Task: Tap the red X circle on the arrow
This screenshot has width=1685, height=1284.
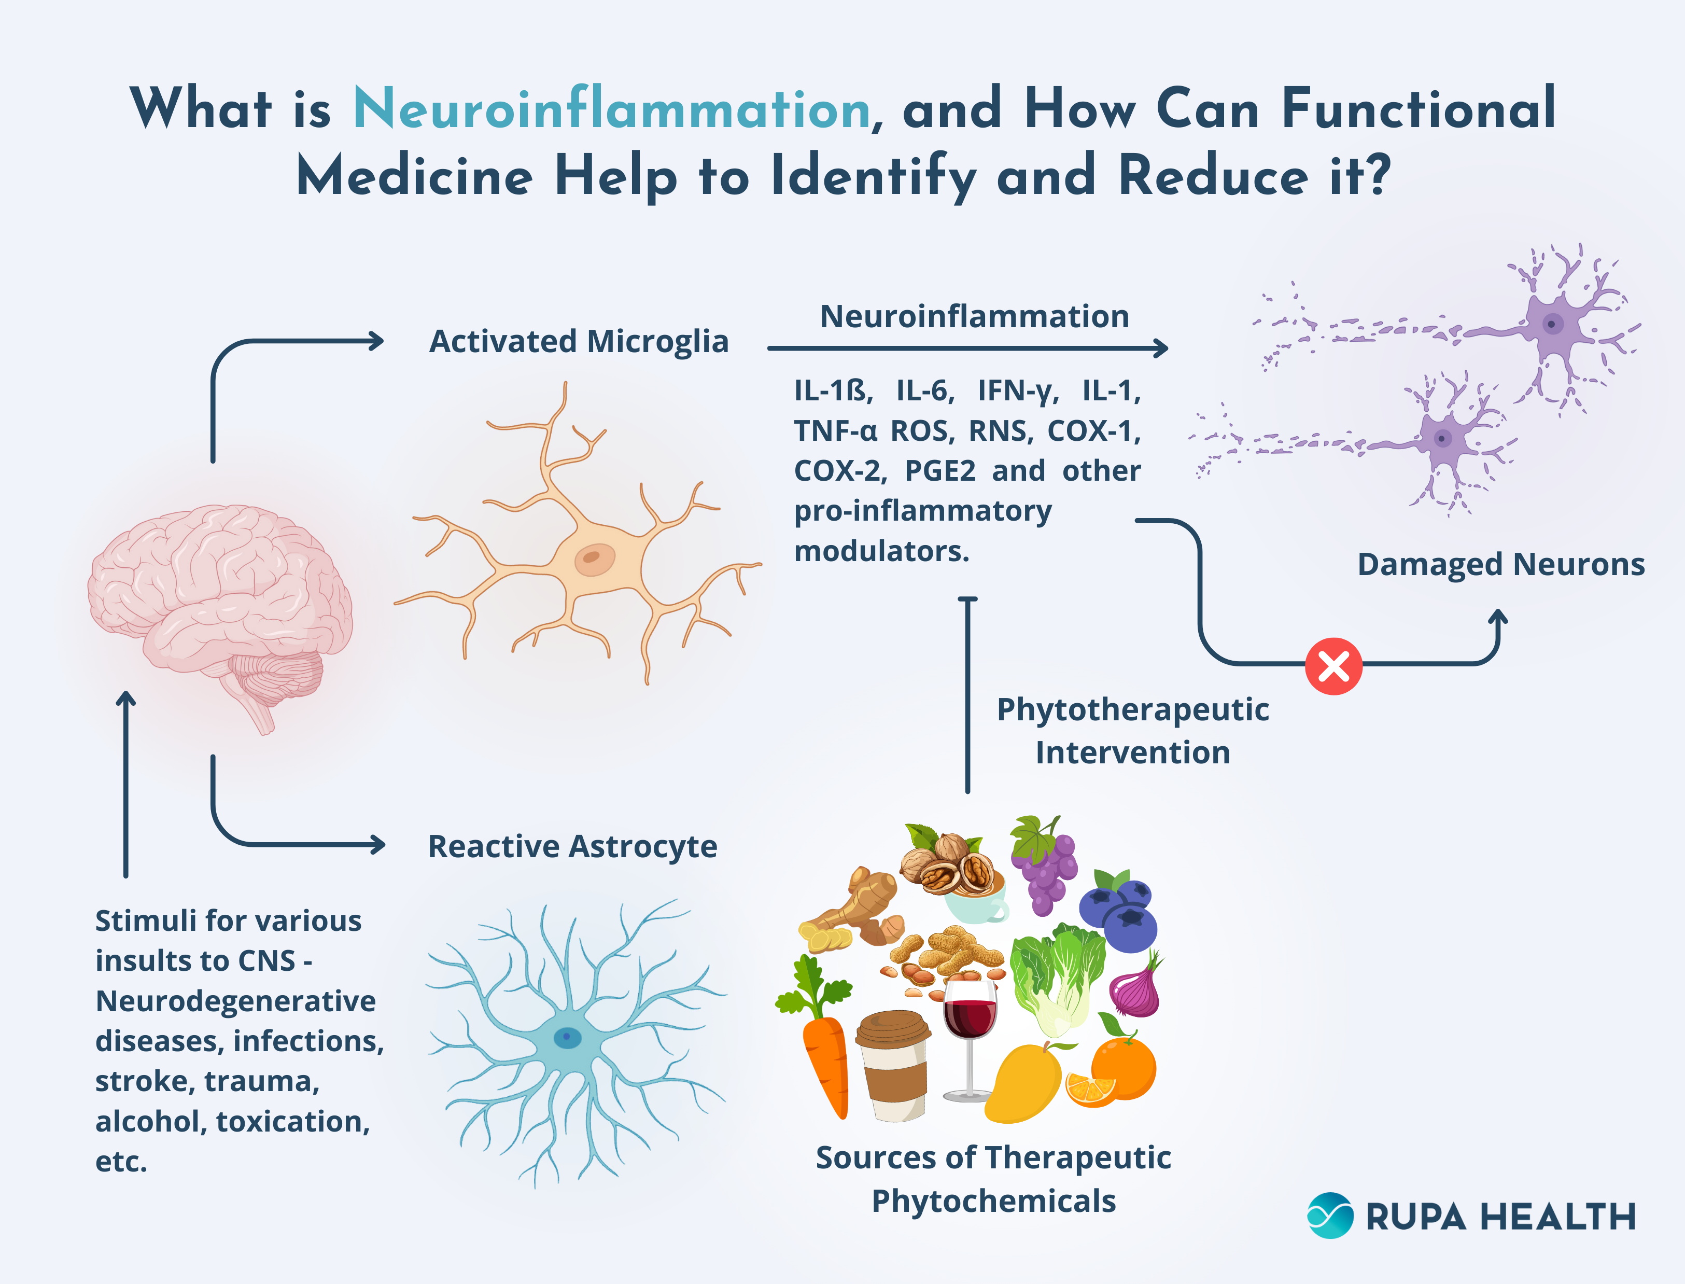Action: [1333, 666]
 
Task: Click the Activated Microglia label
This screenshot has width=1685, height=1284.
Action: [579, 342]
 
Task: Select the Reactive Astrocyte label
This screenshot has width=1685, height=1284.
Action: [572, 846]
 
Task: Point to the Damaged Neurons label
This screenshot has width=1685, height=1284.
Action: [1500, 565]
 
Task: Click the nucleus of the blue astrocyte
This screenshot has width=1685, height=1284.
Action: [567, 1037]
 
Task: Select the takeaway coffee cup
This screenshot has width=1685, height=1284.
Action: [894, 1066]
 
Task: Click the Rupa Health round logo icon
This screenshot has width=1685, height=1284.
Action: [1330, 1215]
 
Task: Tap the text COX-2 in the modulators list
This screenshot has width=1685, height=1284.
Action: [839, 471]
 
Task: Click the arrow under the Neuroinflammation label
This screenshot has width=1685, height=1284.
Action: [967, 348]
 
